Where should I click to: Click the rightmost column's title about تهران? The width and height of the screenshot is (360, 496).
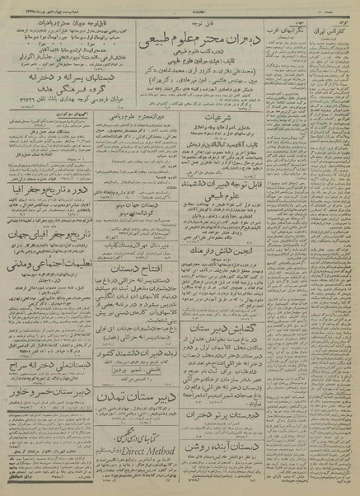pyautogui.click(x=333, y=17)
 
